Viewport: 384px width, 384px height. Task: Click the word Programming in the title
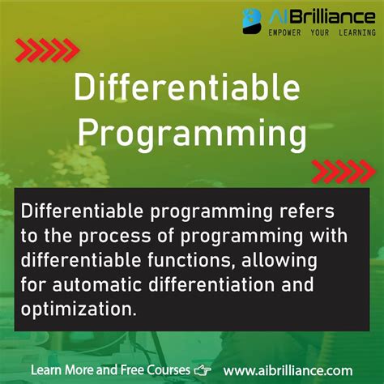(192, 132)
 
